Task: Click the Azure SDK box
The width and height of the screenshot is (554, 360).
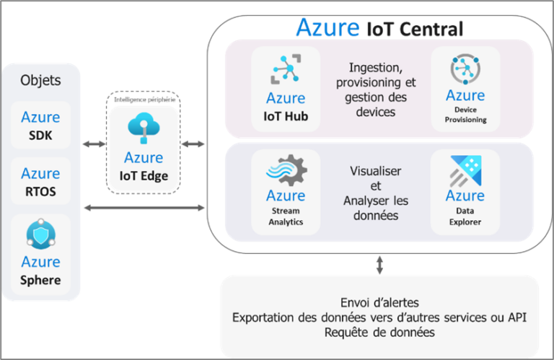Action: point(40,125)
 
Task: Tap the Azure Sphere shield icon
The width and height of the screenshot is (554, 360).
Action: point(40,235)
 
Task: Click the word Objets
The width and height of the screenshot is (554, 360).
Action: point(40,80)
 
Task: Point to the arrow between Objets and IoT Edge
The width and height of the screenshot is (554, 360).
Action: point(93,145)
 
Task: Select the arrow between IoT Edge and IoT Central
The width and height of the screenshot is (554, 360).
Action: point(193,145)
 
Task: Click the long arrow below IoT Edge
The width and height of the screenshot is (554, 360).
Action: point(144,208)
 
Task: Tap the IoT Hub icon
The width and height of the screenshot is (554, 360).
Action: point(286,71)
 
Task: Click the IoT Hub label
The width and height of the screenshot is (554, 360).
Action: point(286,115)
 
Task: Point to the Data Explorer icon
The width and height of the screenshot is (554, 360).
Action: point(465,170)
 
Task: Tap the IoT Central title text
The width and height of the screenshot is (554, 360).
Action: point(379,29)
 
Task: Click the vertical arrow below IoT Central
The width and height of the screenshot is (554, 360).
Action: point(379,263)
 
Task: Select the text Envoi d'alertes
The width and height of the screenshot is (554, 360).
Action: point(379,302)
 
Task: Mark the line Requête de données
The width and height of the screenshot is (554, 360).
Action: point(379,332)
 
